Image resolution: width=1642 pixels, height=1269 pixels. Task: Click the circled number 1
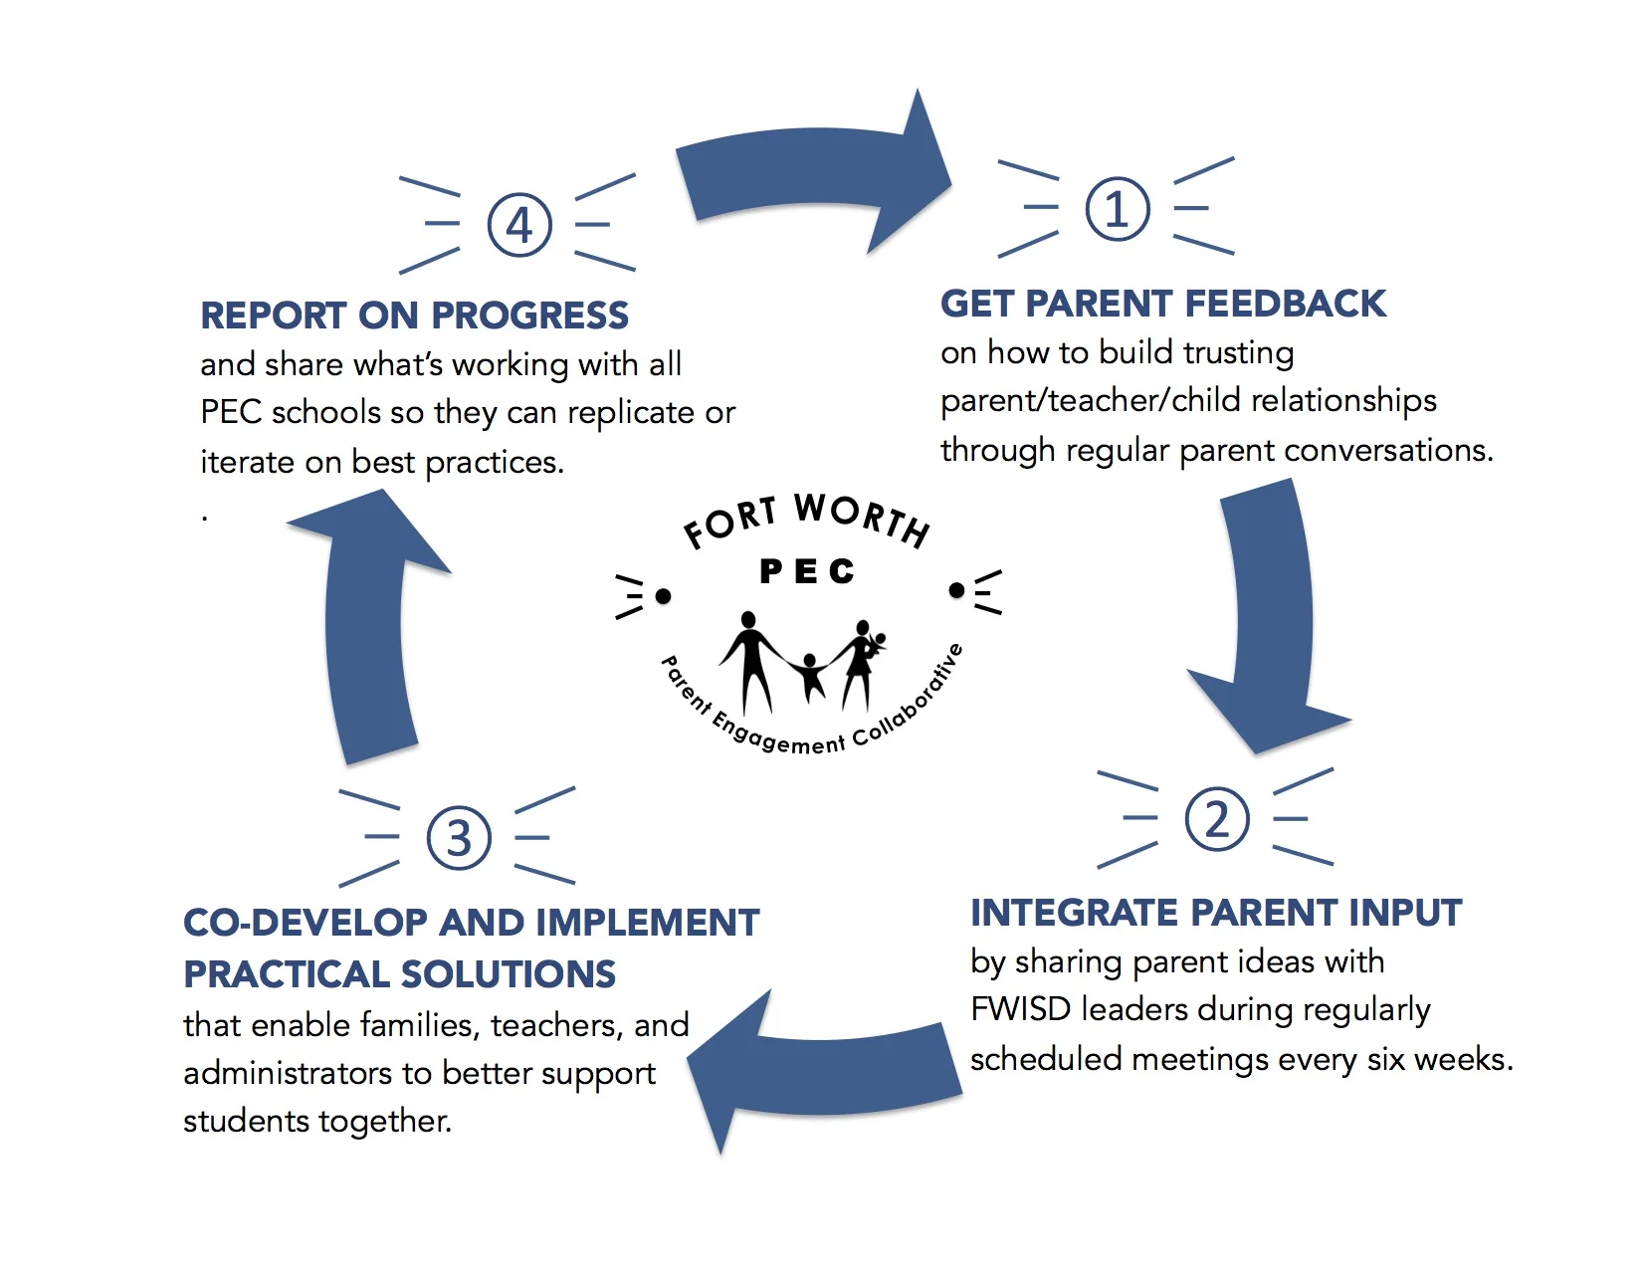[1117, 209]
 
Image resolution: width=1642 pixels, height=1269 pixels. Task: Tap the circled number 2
[1216, 819]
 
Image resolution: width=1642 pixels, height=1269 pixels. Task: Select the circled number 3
[459, 838]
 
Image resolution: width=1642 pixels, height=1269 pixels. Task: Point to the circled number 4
[519, 225]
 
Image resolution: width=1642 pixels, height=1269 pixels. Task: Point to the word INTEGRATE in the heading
[1075, 913]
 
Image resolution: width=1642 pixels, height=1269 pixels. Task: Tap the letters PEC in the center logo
[807, 571]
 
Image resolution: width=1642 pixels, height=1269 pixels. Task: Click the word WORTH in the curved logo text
[862, 519]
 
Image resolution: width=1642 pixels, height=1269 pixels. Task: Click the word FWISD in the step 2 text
[1021, 1009]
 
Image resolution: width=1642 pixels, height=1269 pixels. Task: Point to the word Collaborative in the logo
[910, 697]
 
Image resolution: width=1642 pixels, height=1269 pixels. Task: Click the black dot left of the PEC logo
[664, 596]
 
